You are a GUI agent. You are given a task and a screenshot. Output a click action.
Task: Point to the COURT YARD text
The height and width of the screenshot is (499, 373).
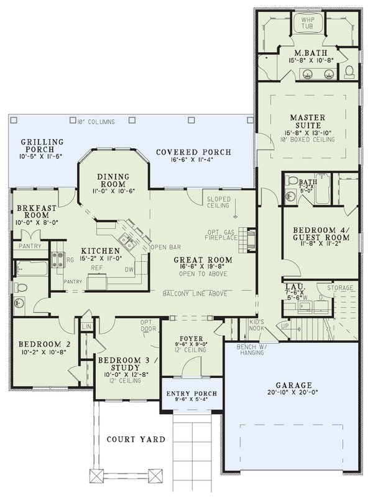click(x=134, y=439)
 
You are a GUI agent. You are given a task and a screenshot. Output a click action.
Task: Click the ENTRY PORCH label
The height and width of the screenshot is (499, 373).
click(x=191, y=394)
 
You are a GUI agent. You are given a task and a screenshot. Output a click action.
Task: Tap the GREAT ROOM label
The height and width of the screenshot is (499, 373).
click(x=204, y=259)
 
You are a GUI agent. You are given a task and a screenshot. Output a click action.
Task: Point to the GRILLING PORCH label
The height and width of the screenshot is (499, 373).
click(x=42, y=145)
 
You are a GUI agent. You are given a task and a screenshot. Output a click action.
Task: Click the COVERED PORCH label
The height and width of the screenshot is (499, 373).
click(x=193, y=152)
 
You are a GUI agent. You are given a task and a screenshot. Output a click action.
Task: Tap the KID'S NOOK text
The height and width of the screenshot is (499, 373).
click(x=256, y=325)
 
